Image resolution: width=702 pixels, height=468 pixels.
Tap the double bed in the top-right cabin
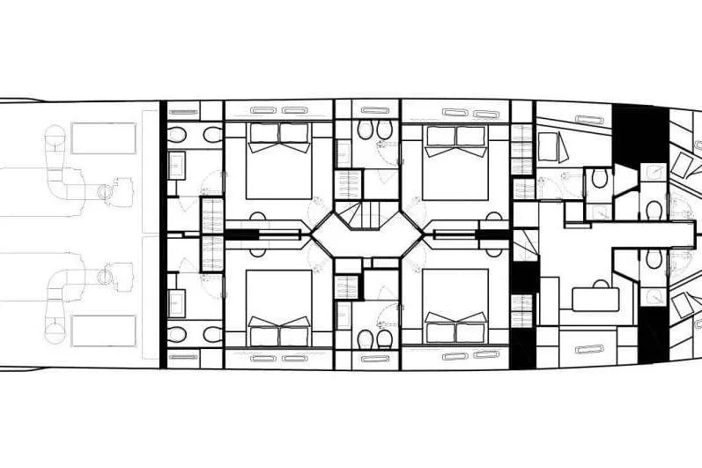[x=454, y=162]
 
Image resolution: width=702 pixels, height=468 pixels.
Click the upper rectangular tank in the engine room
[x=103, y=138]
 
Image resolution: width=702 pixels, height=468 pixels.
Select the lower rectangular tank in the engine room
[x=103, y=331]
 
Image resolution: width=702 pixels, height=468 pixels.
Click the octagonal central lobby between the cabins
[x=366, y=234]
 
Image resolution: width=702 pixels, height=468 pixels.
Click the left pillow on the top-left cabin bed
[x=263, y=132]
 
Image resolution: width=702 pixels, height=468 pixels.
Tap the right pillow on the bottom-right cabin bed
[x=471, y=331]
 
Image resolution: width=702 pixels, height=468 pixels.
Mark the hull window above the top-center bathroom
[x=375, y=110]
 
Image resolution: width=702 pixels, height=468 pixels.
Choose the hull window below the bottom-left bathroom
[x=183, y=357]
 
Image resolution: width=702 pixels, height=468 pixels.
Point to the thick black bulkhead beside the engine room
[x=163, y=234]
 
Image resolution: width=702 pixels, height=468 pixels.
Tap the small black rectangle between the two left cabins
[x=243, y=234]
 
